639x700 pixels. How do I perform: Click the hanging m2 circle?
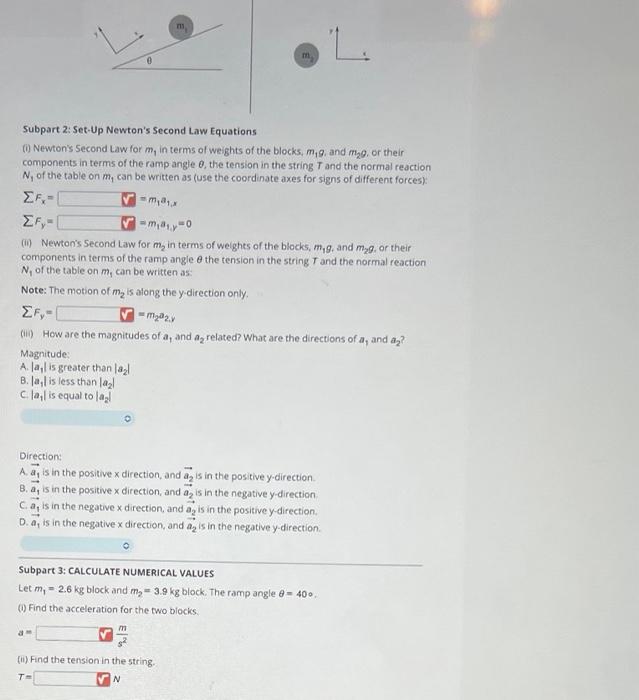pyautogui.click(x=307, y=58)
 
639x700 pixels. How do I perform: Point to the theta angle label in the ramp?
pyautogui.click(x=149, y=59)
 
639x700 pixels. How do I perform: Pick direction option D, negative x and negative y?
pyautogui.click(x=169, y=525)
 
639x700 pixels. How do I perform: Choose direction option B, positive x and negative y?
pyautogui.click(x=169, y=494)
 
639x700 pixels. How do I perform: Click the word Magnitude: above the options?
pyautogui.click(x=43, y=353)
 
